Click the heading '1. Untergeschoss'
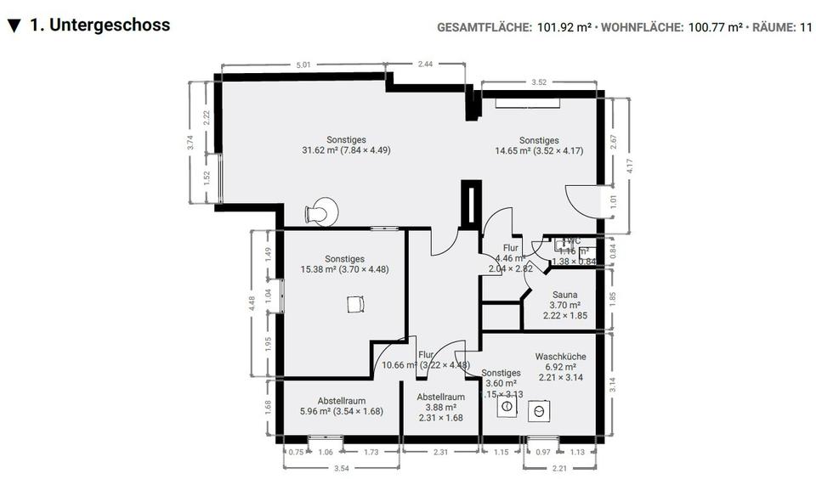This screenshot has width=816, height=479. click(99, 25)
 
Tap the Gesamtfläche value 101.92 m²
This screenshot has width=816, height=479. click(564, 27)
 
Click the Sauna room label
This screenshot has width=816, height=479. click(565, 295)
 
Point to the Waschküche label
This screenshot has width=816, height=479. click(560, 357)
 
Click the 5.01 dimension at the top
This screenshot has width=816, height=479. click(303, 64)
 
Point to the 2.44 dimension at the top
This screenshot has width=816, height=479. click(426, 64)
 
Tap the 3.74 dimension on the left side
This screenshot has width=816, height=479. click(190, 142)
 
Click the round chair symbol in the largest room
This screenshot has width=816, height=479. click(321, 211)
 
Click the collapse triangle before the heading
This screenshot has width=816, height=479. click(14, 25)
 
